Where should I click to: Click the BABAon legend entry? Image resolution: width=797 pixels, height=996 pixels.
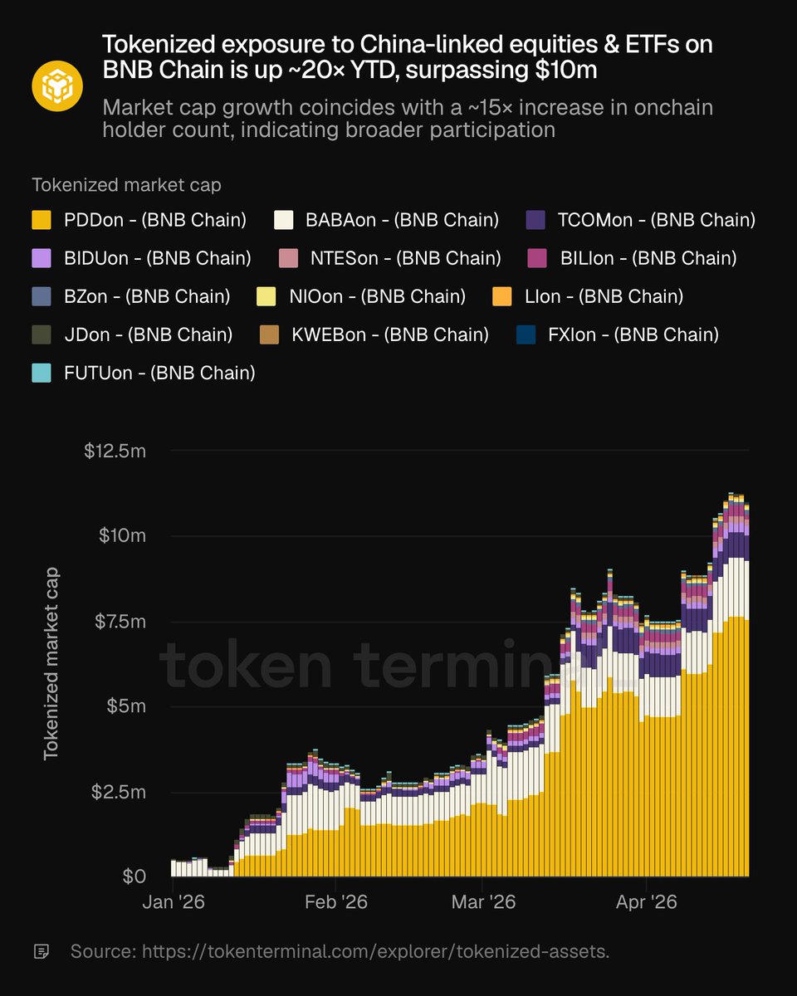tap(386, 220)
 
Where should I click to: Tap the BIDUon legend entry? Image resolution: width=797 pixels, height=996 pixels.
tap(141, 258)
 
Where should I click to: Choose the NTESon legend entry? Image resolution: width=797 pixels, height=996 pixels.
tap(388, 258)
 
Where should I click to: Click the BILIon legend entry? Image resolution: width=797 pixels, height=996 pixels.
tap(632, 258)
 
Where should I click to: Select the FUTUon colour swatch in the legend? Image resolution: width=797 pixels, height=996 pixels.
tap(41, 373)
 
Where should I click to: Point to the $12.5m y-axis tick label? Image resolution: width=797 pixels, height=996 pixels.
tap(116, 451)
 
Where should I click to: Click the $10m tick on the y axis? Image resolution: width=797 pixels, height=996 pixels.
tap(123, 535)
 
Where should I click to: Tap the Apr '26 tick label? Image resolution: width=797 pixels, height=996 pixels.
tap(648, 901)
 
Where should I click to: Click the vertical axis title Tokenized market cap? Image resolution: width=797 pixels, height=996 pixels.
tap(51, 662)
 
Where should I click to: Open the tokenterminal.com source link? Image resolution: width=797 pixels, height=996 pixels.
tap(375, 951)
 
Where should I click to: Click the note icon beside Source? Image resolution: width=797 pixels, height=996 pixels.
tap(41, 951)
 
